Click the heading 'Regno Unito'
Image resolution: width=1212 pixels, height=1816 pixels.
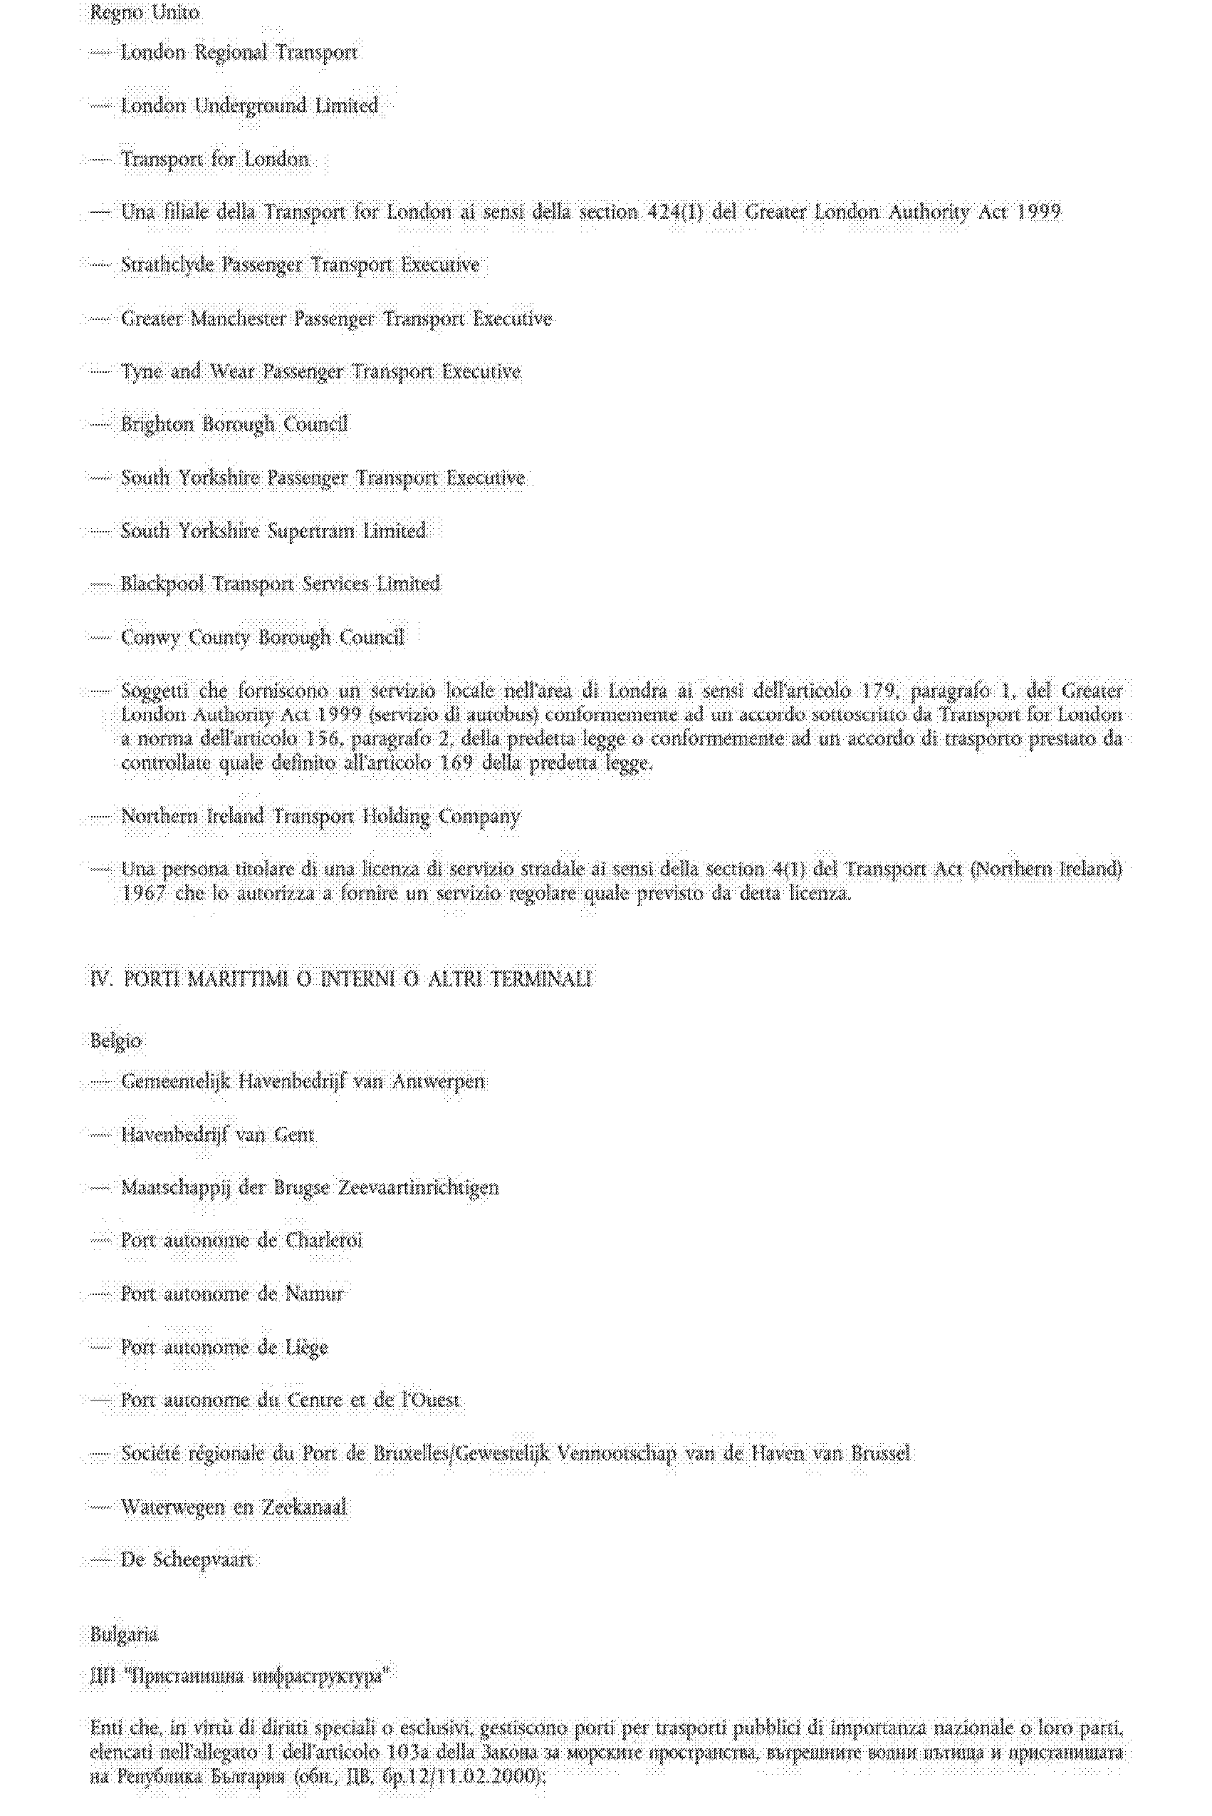[x=145, y=12]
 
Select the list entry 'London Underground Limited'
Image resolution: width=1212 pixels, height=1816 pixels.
[x=249, y=105]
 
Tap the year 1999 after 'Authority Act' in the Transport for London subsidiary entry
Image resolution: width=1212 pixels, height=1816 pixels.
[x=1038, y=211]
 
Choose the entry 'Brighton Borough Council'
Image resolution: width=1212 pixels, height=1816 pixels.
[x=234, y=424]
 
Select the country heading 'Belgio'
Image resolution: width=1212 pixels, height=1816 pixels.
[x=116, y=1041]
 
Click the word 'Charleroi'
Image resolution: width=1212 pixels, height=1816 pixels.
[x=324, y=1241]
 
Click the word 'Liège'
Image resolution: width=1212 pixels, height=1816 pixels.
[x=306, y=1347]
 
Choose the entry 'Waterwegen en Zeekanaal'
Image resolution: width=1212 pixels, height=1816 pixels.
[x=234, y=1507]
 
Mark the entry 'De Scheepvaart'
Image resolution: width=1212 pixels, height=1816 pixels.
[x=187, y=1560]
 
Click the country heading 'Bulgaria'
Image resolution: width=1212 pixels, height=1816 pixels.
[x=124, y=1635]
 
